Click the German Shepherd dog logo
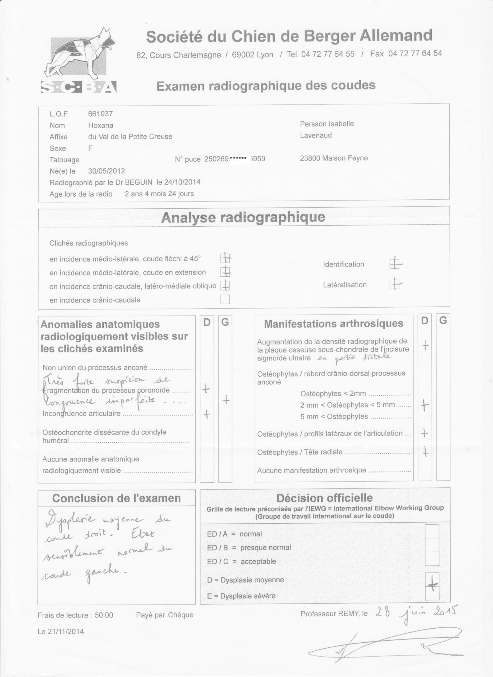pyautogui.click(x=78, y=60)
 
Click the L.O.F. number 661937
pyautogui.click(x=100, y=114)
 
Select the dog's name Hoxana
pyautogui.click(x=100, y=125)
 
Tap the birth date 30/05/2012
pyautogui.click(x=107, y=171)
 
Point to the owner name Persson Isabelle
pyautogui.click(x=327, y=124)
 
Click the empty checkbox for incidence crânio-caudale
pyautogui.click(x=225, y=299)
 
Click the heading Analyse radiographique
pyautogui.click(x=243, y=217)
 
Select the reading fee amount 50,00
pyautogui.click(x=104, y=615)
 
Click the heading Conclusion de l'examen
pyautogui.click(x=116, y=498)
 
